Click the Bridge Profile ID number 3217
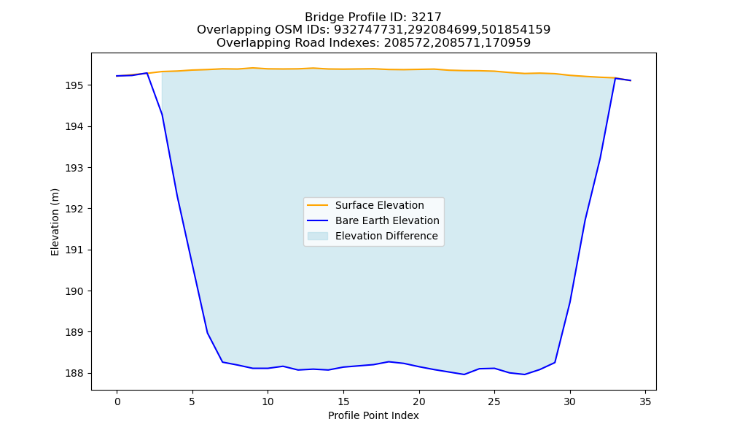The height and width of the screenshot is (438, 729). pyautogui.click(x=426, y=18)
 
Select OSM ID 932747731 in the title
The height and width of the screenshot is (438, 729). pyautogui.click(x=370, y=30)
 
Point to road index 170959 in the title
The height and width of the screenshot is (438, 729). pyautogui.click(x=507, y=43)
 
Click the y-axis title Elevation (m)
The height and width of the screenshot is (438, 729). pyautogui.click(x=55, y=222)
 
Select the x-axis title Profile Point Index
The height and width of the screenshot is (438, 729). pyautogui.click(x=373, y=415)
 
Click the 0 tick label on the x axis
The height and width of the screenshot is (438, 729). pyautogui.click(x=117, y=401)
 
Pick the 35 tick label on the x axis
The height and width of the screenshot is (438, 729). pyautogui.click(x=645, y=401)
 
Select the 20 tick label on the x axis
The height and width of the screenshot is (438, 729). pyautogui.click(x=419, y=401)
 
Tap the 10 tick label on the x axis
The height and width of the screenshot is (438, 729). pyautogui.click(x=268, y=401)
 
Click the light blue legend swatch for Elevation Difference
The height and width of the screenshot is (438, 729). pyautogui.click(x=318, y=236)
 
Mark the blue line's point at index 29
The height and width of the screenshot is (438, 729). pyautogui.click(x=555, y=362)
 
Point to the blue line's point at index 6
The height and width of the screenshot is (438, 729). pyautogui.click(x=207, y=332)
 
